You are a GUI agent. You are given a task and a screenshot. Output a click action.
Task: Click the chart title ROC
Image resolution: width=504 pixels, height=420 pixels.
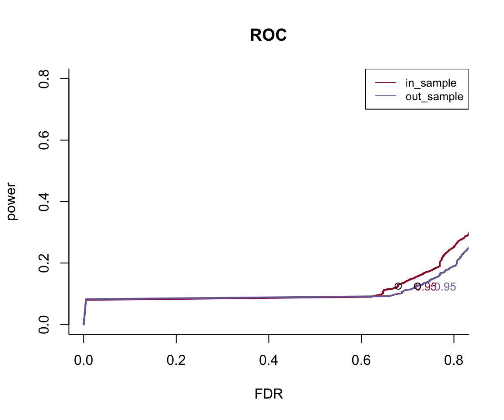(x=268, y=36)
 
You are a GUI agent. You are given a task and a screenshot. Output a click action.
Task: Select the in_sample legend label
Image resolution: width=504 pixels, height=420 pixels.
(x=430, y=83)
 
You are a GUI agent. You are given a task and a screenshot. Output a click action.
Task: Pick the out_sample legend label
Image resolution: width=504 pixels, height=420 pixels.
(x=434, y=96)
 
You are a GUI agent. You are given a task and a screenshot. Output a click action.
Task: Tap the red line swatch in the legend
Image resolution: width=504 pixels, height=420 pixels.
(x=385, y=83)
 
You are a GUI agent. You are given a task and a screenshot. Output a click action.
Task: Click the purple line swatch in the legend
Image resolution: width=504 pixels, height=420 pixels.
(x=385, y=96)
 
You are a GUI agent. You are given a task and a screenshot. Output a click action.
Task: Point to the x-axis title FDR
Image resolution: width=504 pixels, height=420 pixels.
(x=269, y=394)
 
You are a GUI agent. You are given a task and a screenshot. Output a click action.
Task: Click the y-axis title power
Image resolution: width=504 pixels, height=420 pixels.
(x=12, y=201)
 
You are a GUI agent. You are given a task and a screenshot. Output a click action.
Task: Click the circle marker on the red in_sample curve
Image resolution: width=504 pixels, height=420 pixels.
(x=398, y=286)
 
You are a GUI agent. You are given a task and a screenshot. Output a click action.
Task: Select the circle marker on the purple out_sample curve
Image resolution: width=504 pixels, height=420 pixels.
(x=417, y=286)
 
